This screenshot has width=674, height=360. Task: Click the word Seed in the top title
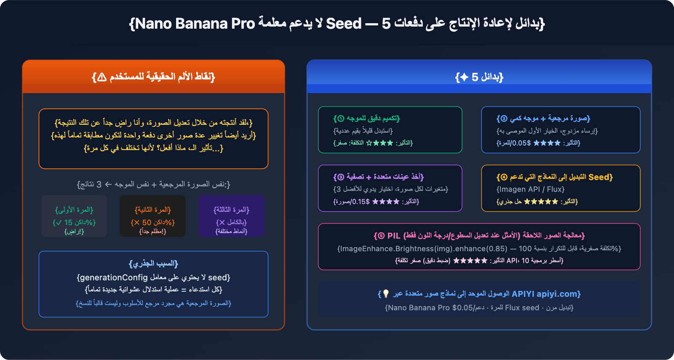click(344, 24)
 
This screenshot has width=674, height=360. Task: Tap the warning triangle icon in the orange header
click(102, 77)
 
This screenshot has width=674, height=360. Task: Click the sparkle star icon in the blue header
click(464, 77)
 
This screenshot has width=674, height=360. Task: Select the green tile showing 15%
click(74, 216)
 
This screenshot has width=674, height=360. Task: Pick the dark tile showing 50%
click(152, 216)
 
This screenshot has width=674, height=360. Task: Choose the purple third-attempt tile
click(231, 216)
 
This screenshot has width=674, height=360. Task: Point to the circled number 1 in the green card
click(341, 118)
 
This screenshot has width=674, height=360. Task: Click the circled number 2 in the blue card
click(504, 118)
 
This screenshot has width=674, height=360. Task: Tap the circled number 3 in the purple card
click(341, 177)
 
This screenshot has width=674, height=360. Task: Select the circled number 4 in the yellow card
click(504, 177)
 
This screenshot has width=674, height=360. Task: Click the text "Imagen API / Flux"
click(530, 189)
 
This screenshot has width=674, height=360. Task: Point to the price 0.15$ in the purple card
click(361, 201)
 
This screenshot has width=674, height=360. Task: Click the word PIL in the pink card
click(393, 236)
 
